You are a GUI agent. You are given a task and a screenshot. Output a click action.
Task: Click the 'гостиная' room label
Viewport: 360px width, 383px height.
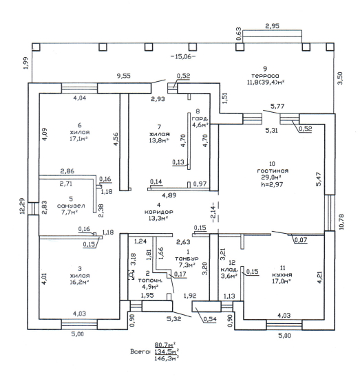click(x=273, y=171)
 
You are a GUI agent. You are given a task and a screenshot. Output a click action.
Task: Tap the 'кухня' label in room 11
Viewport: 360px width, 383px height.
click(x=282, y=274)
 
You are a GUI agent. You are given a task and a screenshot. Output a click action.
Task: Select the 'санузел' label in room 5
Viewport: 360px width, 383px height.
click(x=71, y=206)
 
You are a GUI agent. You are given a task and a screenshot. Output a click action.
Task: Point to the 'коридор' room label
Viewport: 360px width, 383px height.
click(x=159, y=212)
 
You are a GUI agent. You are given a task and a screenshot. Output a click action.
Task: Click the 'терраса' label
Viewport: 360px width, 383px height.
click(x=265, y=76)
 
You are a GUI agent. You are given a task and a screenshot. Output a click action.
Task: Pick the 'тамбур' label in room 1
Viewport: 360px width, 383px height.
click(x=187, y=258)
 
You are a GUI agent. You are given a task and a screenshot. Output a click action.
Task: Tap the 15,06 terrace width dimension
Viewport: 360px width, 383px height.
click(x=183, y=56)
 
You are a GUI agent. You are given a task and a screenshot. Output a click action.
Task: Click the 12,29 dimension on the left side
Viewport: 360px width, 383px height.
click(x=23, y=206)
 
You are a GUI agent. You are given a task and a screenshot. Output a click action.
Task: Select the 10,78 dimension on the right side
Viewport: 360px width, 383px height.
click(x=341, y=222)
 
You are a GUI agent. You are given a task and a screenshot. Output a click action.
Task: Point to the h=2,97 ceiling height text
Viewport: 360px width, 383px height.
click(x=272, y=184)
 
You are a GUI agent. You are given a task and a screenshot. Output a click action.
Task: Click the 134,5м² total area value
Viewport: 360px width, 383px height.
click(x=167, y=352)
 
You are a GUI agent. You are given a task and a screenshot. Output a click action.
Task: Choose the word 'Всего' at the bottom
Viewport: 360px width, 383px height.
click(x=140, y=352)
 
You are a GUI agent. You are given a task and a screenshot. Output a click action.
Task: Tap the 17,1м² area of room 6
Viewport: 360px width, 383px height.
click(x=79, y=139)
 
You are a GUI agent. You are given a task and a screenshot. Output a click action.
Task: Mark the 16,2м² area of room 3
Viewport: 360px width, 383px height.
click(x=79, y=282)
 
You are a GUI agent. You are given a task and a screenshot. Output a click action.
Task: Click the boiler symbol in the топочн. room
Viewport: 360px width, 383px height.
click(x=132, y=275)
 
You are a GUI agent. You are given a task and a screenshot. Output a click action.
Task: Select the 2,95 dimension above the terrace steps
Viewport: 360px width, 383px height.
click(x=272, y=26)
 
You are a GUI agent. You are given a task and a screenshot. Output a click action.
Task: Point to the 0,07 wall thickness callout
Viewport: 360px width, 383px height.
click(x=301, y=240)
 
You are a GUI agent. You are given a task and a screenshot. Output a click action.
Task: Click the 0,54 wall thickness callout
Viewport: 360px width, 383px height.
click(x=210, y=319)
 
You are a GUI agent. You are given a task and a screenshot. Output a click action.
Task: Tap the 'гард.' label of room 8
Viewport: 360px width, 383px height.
click(x=200, y=119)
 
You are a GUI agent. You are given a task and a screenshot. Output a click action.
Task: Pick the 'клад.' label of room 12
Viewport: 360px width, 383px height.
click(x=229, y=270)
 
